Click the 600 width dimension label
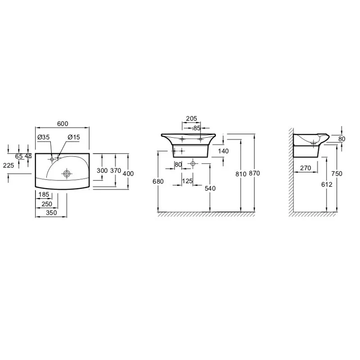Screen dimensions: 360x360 63,124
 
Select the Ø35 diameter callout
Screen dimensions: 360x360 43,137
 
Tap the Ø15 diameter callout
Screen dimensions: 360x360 74,137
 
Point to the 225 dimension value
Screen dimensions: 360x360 9,165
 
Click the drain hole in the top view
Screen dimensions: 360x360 67,174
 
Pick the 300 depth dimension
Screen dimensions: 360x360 102,171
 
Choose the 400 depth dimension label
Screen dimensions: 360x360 128,174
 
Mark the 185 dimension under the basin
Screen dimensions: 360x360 44,195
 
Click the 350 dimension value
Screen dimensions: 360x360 51,213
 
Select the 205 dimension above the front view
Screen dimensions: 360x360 192,118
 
